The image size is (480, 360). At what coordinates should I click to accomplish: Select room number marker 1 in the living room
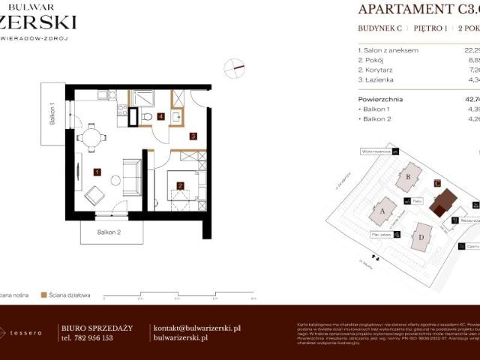point(97,172)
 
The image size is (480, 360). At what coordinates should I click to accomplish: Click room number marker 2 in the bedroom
point(180,186)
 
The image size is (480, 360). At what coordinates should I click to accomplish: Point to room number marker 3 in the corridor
point(193,136)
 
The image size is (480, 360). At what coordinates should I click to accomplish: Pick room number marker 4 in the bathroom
point(161,116)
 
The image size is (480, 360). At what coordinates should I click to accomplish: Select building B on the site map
point(408,177)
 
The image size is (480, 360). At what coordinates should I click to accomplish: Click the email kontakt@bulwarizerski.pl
point(196,328)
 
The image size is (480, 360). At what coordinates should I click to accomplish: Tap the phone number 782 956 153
point(86,338)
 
